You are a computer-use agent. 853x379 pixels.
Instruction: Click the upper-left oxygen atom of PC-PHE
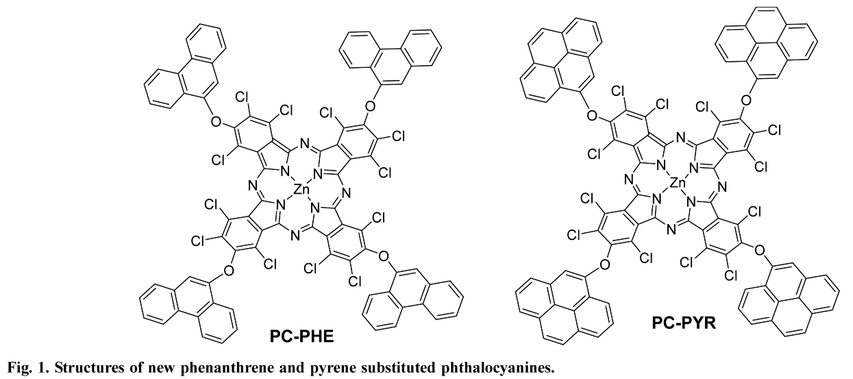(x=215, y=122)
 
